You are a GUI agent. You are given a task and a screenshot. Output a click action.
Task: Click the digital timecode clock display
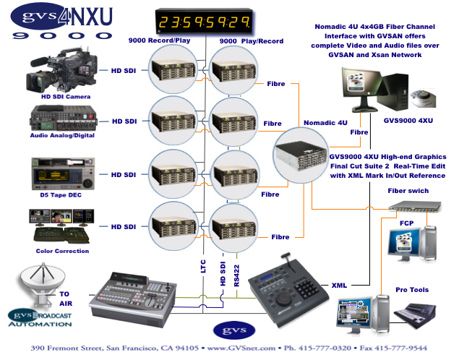point(204,21)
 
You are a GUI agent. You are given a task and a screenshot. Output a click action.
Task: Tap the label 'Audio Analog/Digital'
point(62,135)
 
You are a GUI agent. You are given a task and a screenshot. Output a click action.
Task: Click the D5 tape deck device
point(63,173)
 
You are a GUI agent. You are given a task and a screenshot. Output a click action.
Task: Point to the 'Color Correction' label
point(62,251)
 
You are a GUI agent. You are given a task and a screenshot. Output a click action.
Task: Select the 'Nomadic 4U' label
point(325,123)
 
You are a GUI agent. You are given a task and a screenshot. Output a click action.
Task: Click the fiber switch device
point(415,206)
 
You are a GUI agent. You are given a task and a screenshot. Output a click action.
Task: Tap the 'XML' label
point(339,285)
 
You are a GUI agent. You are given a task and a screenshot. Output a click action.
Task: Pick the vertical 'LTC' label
point(203,266)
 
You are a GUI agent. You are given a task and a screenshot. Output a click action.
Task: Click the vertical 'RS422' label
point(236,275)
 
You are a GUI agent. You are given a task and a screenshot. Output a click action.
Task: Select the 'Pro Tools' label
point(412,290)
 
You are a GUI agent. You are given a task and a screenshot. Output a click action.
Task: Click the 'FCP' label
point(407,223)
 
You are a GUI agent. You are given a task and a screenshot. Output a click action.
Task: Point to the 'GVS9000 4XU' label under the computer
point(408,121)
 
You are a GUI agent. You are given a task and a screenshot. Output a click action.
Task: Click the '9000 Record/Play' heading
point(159,40)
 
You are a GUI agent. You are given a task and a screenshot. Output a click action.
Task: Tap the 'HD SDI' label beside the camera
point(124,71)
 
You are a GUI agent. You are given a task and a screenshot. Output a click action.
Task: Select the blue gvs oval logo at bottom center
point(234,330)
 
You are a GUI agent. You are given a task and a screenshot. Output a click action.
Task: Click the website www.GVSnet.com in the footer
point(241,348)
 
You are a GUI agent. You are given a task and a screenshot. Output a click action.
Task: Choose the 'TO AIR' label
point(66,299)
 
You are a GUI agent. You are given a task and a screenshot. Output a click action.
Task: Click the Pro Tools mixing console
point(414,315)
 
